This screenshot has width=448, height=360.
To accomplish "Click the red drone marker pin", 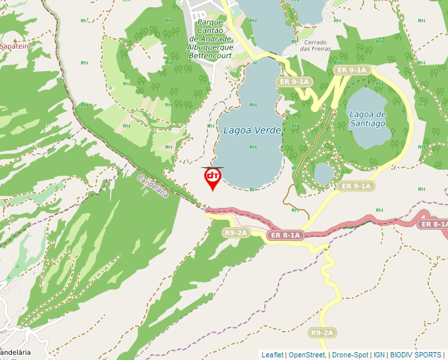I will click(x=212, y=178).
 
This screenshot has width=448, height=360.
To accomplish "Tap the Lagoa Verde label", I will click(x=252, y=130).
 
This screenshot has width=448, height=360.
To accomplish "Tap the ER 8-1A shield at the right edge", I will click(x=434, y=224).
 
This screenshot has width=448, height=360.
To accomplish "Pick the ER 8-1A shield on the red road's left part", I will click(x=285, y=235).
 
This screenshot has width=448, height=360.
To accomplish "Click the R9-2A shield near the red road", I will click(x=235, y=232).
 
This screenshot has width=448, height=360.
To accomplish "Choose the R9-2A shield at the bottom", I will click(x=322, y=332).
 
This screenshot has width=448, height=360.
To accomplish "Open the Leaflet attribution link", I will click(x=272, y=355).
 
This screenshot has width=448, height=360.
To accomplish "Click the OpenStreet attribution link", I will click(x=307, y=355).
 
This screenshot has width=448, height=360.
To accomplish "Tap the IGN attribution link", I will click(x=379, y=355).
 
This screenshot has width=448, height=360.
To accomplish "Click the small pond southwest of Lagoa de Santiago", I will click(x=323, y=173).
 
